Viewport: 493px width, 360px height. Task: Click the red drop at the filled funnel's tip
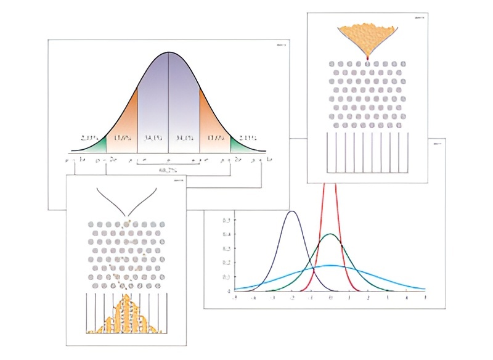[x=369, y=59]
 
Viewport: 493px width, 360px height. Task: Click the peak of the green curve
[x=331, y=234]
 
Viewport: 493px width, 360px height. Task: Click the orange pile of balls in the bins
[x=126, y=317]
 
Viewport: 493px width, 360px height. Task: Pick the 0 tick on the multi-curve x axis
[x=330, y=298]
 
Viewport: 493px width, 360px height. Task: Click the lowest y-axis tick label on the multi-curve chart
[x=229, y=290]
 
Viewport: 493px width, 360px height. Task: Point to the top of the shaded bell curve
[x=169, y=53]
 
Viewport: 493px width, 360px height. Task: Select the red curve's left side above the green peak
[x=324, y=210]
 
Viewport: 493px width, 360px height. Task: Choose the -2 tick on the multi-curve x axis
[x=291, y=298]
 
